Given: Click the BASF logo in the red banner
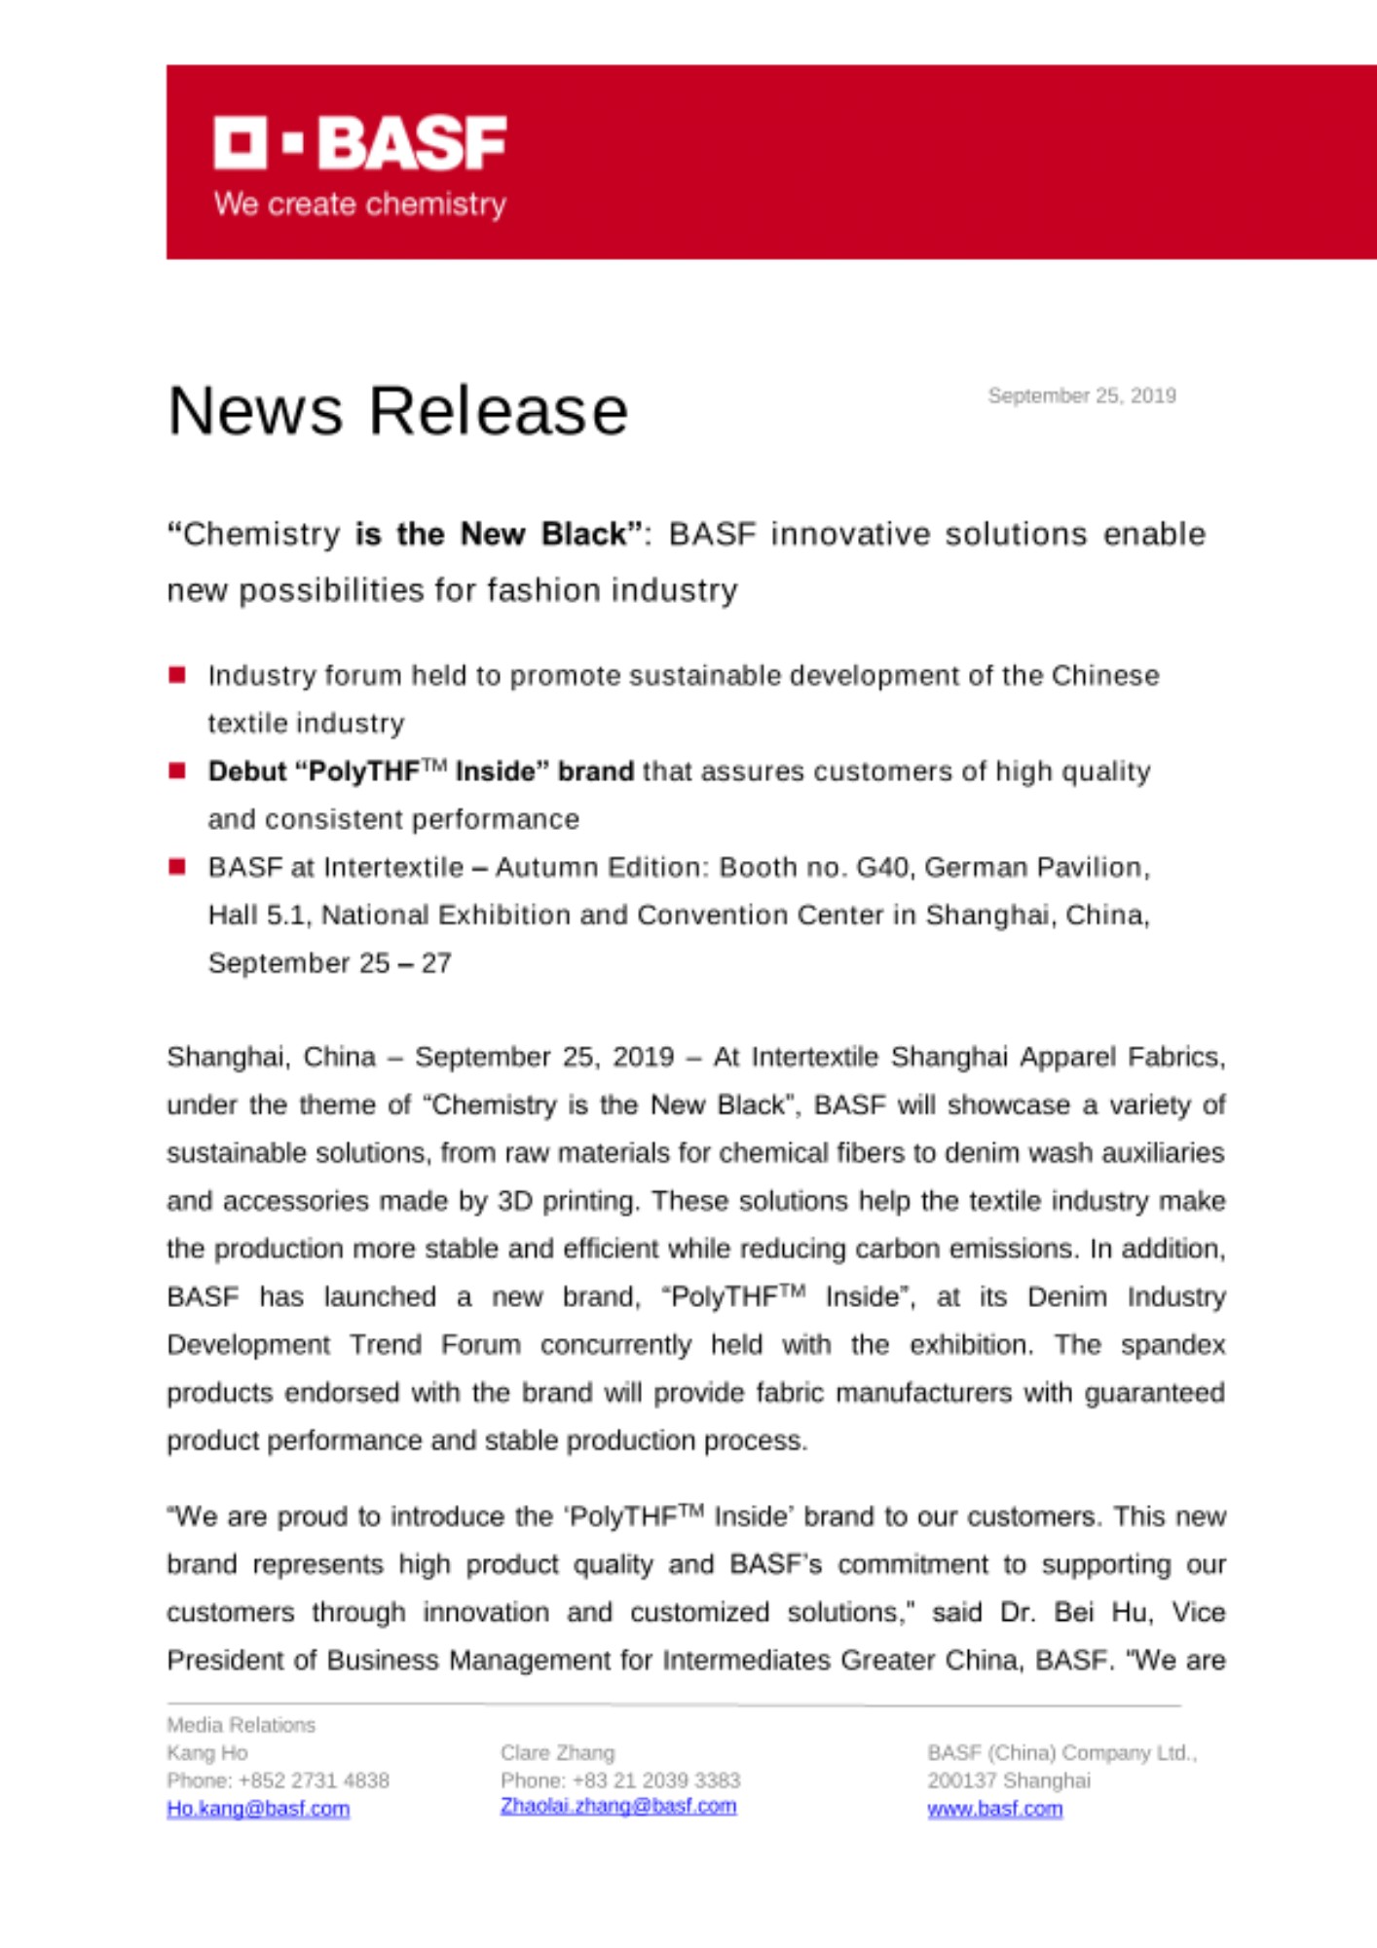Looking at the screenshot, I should coord(359,142).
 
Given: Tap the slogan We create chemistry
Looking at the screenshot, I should coord(359,204).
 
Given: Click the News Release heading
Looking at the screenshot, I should coord(397,410).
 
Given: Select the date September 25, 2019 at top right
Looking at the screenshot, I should coord(1081,395).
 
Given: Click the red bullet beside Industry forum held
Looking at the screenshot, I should coord(177,675).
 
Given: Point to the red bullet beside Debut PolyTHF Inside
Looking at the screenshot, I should coord(177,770).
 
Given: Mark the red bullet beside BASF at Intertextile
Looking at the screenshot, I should coord(177,866).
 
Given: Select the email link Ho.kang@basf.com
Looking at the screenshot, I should coord(258,1808).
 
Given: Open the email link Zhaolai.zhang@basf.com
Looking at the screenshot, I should coord(618,1806).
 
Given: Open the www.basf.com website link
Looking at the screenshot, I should coord(994,1808).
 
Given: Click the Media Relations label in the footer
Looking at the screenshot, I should coord(241,1725).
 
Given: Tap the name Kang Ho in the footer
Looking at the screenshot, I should coord(206,1752).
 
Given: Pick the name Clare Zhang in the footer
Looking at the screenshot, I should coord(557,1752).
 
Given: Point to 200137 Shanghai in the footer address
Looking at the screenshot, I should coord(1008,1780).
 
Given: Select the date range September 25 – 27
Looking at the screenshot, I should coord(329,962).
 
